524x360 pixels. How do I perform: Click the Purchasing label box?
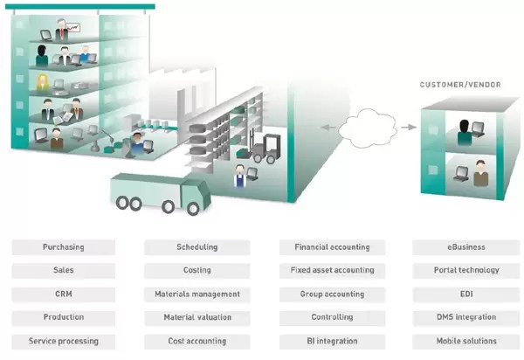(63, 247)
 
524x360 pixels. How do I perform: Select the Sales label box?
(63, 271)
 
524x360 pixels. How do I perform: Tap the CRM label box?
(63, 294)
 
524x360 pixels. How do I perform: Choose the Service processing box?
(63, 341)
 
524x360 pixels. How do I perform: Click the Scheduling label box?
(196, 247)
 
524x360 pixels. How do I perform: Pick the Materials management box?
(196, 294)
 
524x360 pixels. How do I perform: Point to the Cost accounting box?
(196, 341)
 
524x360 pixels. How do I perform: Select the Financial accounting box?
(332, 247)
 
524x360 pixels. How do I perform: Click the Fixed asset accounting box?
(332, 271)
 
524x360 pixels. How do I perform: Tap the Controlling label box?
(332, 317)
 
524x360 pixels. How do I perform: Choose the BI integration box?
(332, 341)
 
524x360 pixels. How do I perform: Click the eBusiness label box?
(466, 247)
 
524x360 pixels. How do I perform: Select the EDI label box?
(466, 294)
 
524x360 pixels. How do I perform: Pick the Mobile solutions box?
(466, 341)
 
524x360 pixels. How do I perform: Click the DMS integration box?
(466, 317)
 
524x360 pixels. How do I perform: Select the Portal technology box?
(466, 271)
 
